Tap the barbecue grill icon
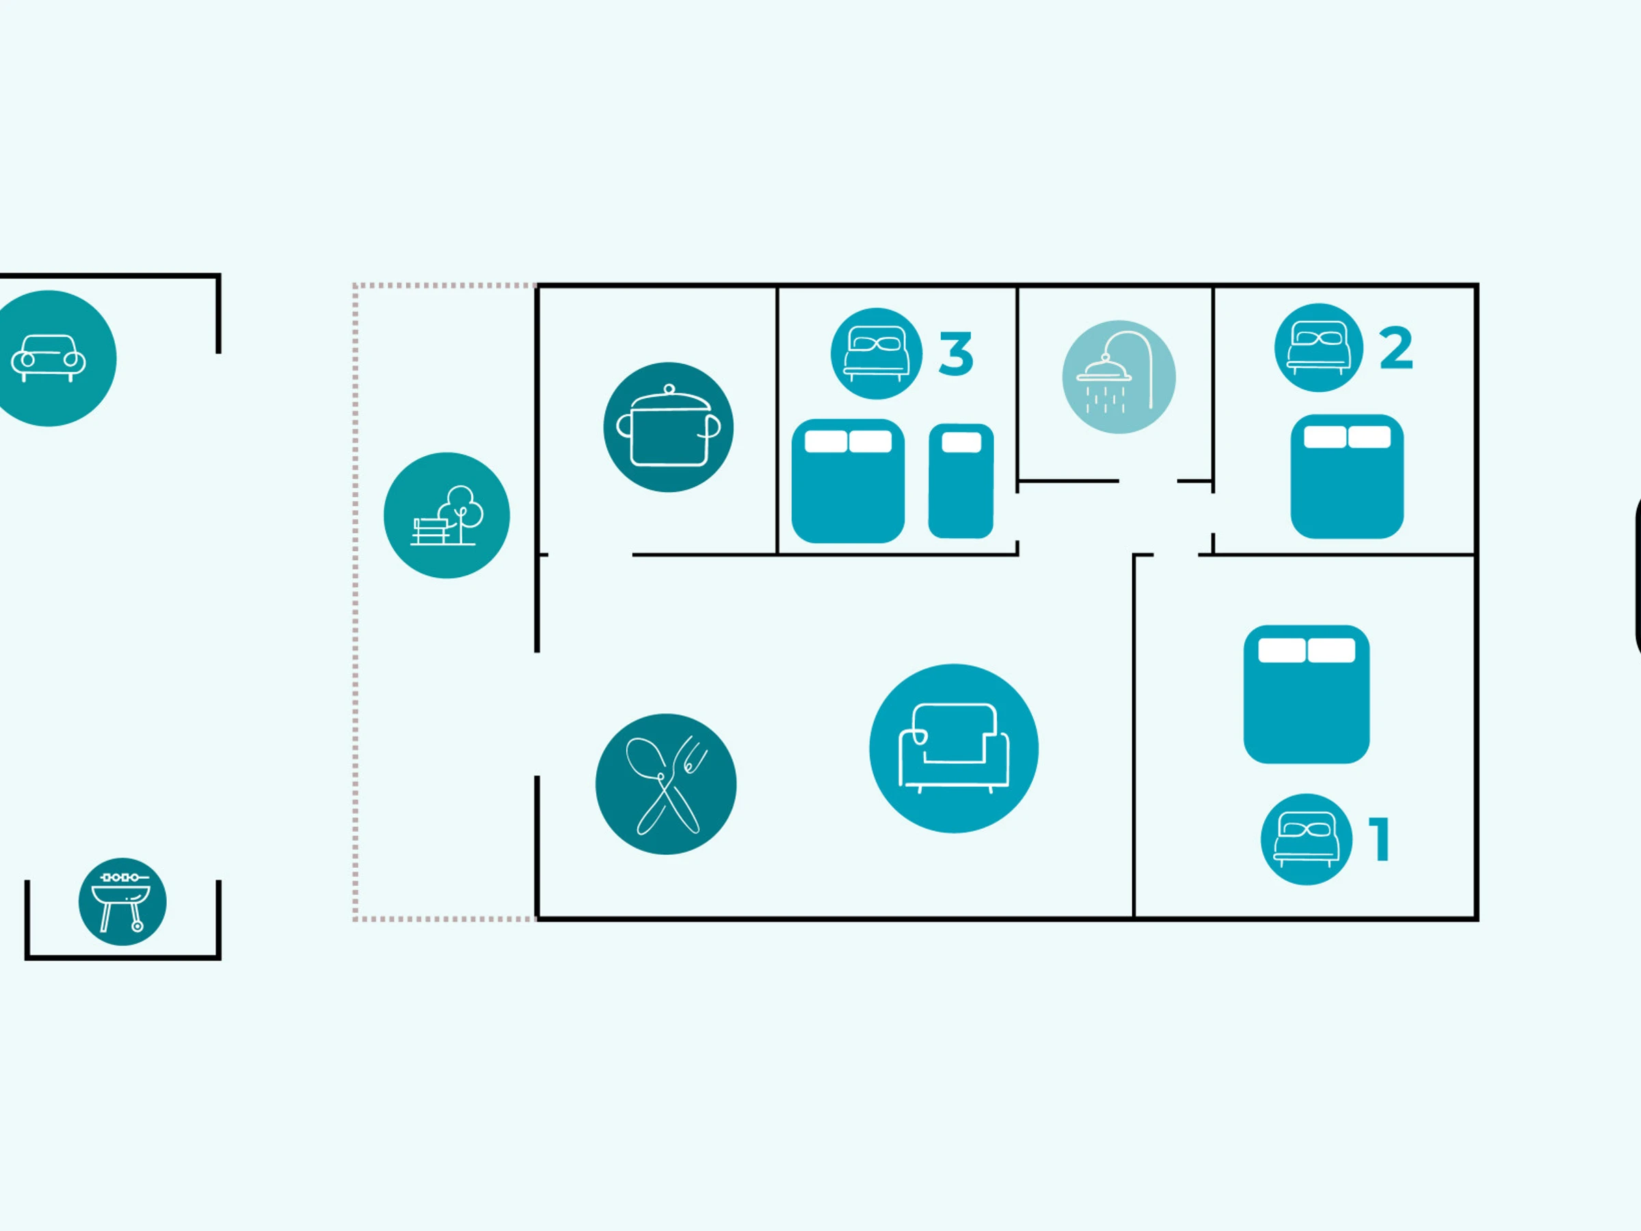[122, 901]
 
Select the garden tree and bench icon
[446, 515]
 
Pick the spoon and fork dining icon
[665, 784]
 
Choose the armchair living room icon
[953, 748]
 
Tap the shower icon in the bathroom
[1118, 377]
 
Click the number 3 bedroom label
[955, 354]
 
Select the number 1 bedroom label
[1379, 839]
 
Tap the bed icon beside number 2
[1318, 347]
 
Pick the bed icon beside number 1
[1306, 839]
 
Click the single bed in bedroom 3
[961, 490]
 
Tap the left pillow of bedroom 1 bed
[1281, 650]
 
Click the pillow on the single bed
[961, 442]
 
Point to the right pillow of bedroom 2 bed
[1369, 437]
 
